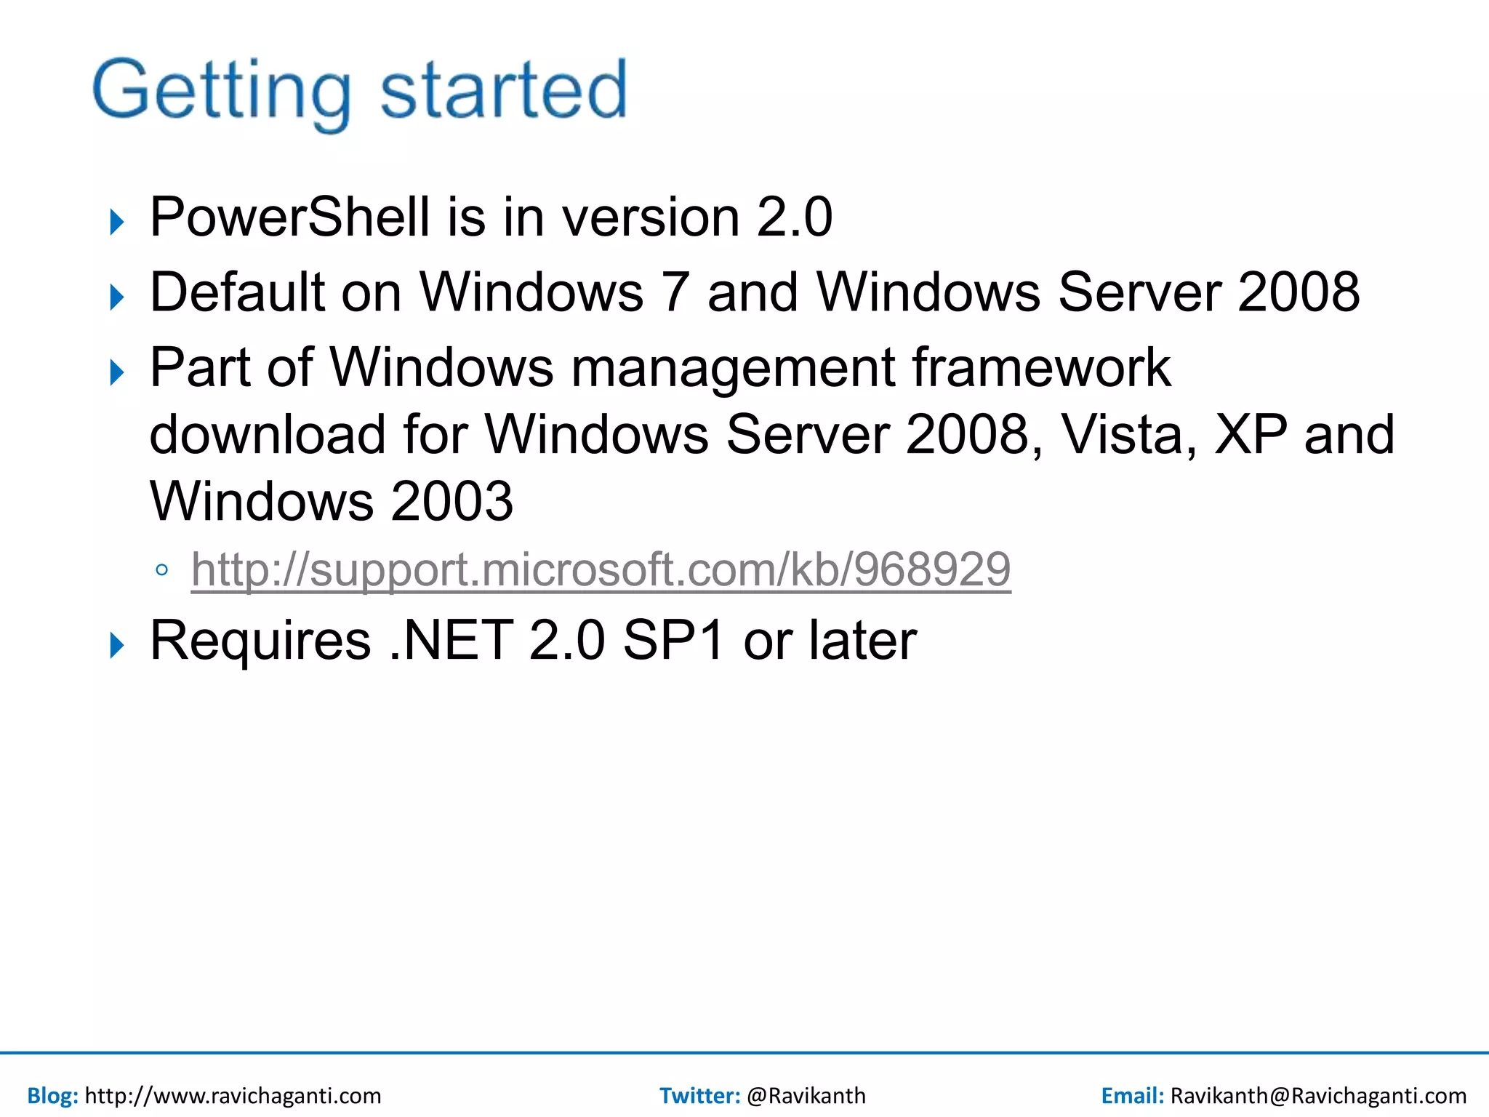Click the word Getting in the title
pos(222,91)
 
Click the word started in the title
pos(503,91)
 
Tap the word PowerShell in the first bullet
pos(289,217)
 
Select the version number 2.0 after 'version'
pos(794,217)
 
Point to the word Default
pos(237,292)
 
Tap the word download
pos(267,435)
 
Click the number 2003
pos(451,502)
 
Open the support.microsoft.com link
pos(601,569)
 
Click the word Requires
pos(260,641)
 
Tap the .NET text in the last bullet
pos(451,641)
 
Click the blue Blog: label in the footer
pos(52,1095)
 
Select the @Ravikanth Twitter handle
pos(806,1095)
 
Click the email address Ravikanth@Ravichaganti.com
pos(1318,1095)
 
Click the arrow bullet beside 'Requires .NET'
pos(117,645)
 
